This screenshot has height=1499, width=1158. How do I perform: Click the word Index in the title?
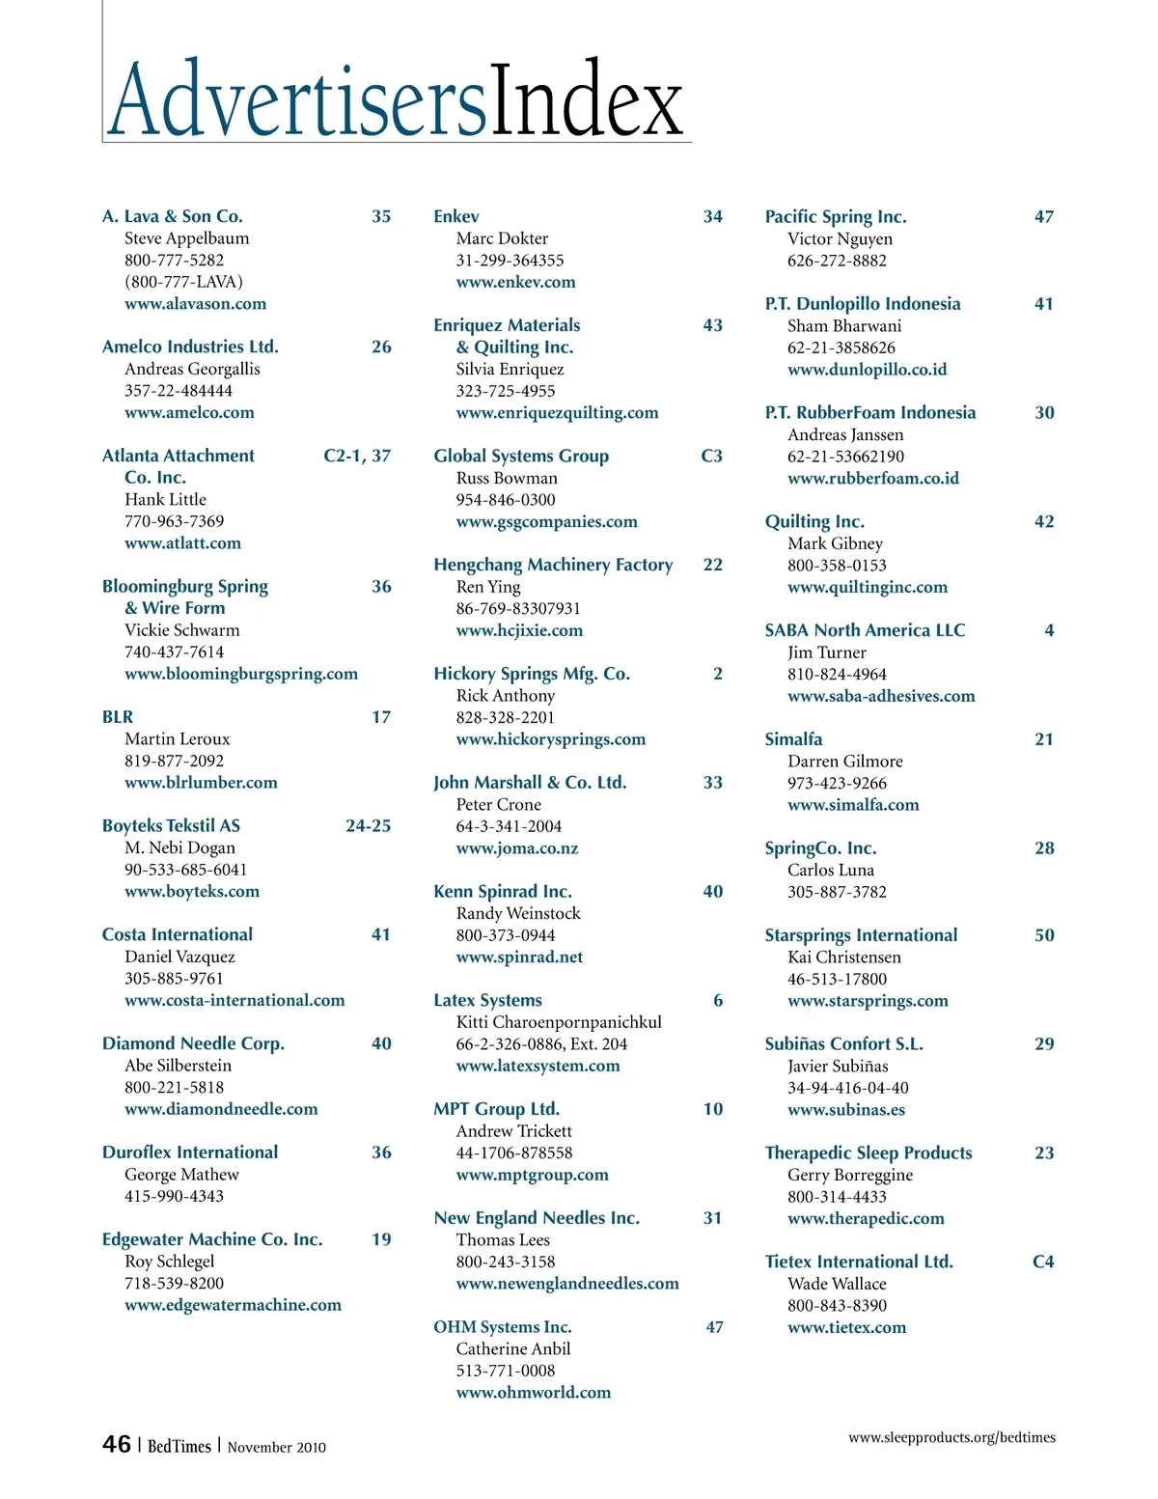coord(587,101)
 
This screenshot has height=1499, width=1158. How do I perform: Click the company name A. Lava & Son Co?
coord(173,216)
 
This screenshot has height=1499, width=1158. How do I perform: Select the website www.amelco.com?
coord(189,412)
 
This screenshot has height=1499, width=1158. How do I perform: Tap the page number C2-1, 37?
coord(357,456)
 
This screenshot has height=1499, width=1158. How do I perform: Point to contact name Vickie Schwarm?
coord(182,629)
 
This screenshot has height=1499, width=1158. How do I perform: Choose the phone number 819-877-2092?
coord(174,761)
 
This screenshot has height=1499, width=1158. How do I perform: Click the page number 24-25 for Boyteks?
coord(368,825)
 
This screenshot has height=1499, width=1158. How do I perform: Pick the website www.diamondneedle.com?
coord(221,1109)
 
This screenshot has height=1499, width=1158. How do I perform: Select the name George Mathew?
coord(181,1174)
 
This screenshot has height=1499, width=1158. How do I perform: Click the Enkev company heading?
coord(456,216)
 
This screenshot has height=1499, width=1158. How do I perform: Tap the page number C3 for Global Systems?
coord(711,456)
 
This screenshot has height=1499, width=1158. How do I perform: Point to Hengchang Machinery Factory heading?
coord(553,565)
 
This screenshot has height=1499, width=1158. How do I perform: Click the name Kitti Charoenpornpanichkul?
coord(559,1021)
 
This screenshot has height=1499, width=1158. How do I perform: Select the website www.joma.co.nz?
coord(517,847)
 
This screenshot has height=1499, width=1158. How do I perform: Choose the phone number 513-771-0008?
coord(506,1370)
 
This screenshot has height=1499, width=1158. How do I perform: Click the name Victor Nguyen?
coord(840,238)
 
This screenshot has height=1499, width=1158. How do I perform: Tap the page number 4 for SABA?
coord(1049,630)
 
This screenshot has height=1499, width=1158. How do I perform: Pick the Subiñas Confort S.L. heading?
coord(843,1043)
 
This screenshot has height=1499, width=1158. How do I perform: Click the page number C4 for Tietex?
coord(1043,1262)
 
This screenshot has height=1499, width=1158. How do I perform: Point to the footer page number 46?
coord(117,1444)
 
